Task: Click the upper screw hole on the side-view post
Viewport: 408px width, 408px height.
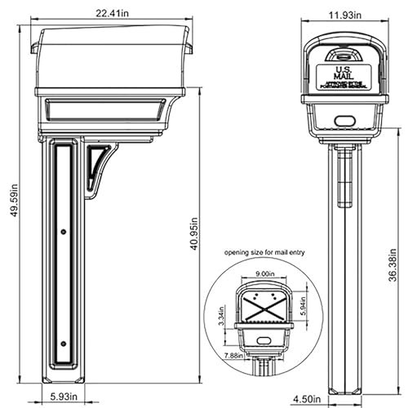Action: (x=64, y=233)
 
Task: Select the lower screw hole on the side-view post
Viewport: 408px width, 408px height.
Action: (x=64, y=343)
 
